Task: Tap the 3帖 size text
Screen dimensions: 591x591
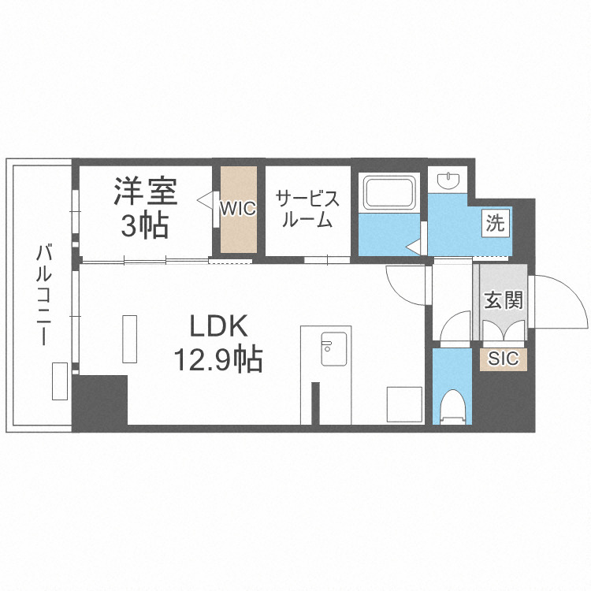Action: [x=145, y=225]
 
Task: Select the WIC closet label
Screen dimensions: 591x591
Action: [x=237, y=210]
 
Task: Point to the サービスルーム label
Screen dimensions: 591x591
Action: [x=307, y=209]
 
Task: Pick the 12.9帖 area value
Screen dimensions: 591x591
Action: [x=218, y=361]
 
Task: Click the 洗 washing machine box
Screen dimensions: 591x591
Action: [x=494, y=223]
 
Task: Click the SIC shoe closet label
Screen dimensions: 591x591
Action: [x=504, y=359]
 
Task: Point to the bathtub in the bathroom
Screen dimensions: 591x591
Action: [x=388, y=194]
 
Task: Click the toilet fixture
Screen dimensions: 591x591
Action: [x=452, y=406]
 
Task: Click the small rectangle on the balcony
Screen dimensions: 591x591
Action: [x=60, y=381]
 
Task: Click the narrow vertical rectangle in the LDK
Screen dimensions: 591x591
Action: [x=129, y=338]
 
